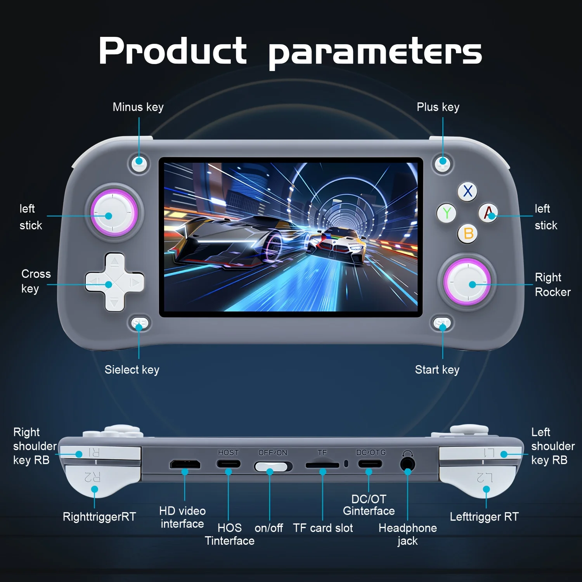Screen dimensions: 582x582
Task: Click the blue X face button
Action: pyautogui.click(x=468, y=191)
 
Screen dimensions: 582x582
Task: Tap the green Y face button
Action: pyautogui.click(x=447, y=213)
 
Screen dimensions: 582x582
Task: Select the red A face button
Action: pyautogui.click(x=488, y=212)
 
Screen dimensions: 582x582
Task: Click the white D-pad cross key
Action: pyautogui.click(x=114, y=282)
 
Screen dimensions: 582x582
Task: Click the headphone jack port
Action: pyautogui.click(x=407, y=464)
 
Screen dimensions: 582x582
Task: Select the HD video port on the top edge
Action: pyautogui.click(x=185, y=464)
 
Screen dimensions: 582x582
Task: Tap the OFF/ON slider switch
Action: pyautogui.click(x=273, y=466)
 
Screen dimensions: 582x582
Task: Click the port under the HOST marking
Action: pyautogui.click(x=229, y=464)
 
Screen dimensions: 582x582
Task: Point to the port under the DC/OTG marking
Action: pyautogui.click(x=370, y=464)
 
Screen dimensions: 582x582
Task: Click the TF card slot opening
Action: pyautogui.click(x=322, y=465)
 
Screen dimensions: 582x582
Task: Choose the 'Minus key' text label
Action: pyautogui.click(x=138, y=107)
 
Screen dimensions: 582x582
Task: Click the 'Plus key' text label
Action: pyautogui.click(x=438, y=107)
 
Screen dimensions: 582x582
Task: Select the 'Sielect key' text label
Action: pyautogui.click(x=132, y=370)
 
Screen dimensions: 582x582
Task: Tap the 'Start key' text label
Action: pyautogui.click(x=437, y=370)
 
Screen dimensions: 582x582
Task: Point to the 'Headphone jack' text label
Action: pyautogui.click(x=408, y=534)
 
